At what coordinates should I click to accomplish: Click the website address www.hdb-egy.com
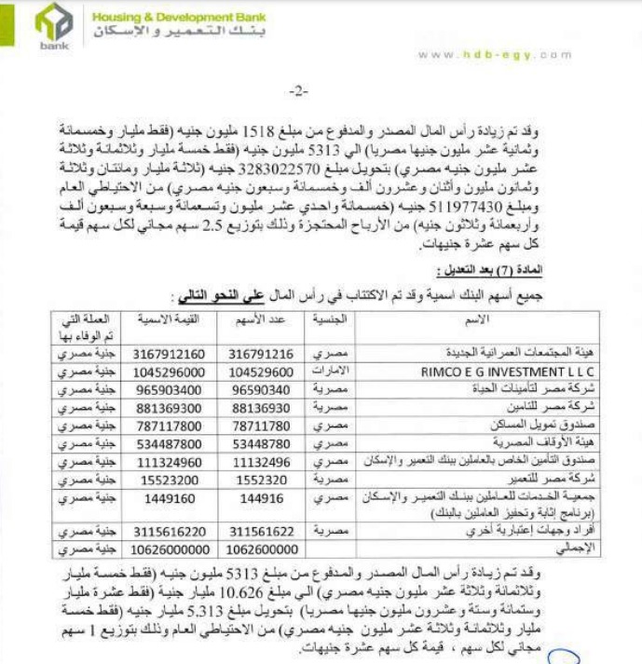[x=494, y=55]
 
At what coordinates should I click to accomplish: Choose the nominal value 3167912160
[x=169, y=354]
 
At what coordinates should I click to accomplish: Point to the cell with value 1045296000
[x=169, y=370]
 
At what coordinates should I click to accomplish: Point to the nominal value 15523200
[x=169, y=477]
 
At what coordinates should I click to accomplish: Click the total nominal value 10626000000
[x=169, y=548]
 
